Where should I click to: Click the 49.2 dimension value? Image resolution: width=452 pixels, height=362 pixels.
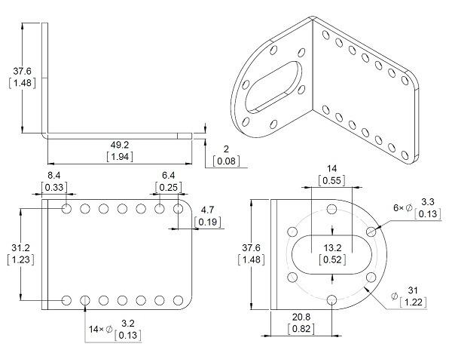[120, 144]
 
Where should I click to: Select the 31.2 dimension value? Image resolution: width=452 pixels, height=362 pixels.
[21, 247]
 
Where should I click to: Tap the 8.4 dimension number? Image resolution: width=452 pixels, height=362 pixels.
[54, 175]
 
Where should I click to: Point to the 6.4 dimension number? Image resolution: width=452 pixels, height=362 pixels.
[168, 175]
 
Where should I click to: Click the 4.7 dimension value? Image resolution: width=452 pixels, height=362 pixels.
[208, 210]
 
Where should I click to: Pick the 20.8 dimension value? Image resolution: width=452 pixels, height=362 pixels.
[301, 317]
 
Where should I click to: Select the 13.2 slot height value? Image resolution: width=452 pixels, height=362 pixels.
[333, 247]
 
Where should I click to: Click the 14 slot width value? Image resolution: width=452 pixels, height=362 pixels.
[331, 168]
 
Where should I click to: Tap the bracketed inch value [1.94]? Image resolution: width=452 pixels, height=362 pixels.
[120, 157]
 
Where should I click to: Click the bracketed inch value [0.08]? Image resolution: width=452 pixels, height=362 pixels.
[226, 161]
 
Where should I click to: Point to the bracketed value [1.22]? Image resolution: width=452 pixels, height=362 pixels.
[413, 302]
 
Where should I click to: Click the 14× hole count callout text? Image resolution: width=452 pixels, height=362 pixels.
[96, 329]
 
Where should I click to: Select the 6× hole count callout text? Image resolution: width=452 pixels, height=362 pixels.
[399, 207]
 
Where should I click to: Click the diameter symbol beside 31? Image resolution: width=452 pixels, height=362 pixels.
[395, 296]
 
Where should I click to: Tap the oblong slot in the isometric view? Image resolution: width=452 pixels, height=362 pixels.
[273, 87]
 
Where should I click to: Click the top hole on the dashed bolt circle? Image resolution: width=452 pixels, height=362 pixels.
[332, 209]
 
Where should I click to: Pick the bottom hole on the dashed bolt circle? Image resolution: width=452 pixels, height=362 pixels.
[332, 300]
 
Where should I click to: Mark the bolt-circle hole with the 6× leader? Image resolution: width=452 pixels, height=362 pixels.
[371, 232]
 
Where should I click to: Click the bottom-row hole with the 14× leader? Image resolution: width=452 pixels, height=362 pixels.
[84, 300]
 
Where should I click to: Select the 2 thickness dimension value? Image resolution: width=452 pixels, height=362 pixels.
[226, 149]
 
